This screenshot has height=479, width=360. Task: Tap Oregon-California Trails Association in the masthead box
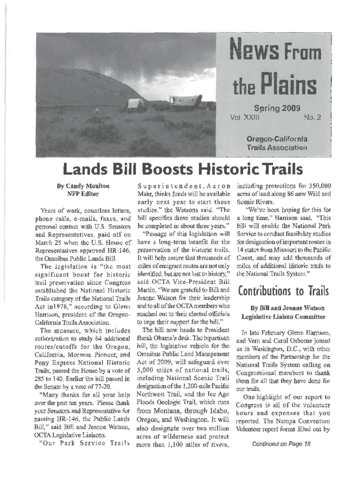pyautogui.click(x=277, y=144)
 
